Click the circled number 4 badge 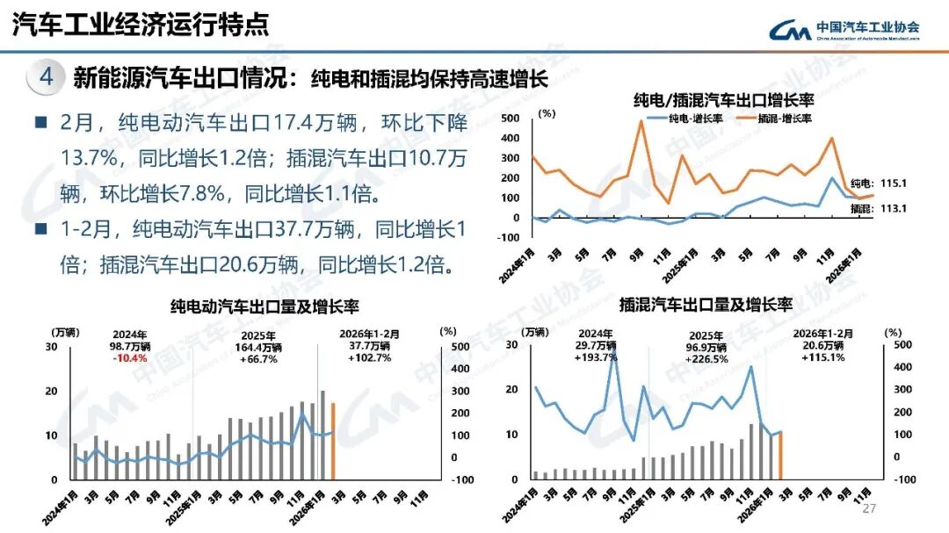point(46,77)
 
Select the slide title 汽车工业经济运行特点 point(141,25)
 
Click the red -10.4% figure point(130,358)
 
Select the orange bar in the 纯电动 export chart point(332,441)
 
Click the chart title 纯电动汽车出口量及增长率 point(264,306)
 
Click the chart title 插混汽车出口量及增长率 point(706,306)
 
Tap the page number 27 point(871,509)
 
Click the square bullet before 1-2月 point(40,230)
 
